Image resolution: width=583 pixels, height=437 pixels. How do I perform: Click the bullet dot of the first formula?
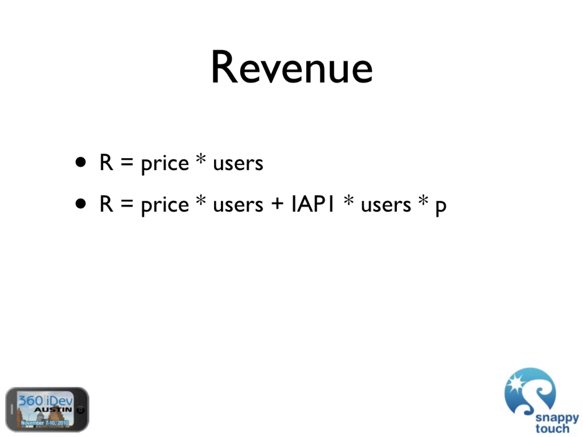pos(81,162)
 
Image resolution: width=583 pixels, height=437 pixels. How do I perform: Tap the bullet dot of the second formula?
pos(81,204)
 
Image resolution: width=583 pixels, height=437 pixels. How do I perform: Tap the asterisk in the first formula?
pos(201,159)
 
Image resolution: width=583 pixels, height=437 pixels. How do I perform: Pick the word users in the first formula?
pos(238,164)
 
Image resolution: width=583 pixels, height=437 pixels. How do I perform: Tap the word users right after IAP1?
pos(386,205)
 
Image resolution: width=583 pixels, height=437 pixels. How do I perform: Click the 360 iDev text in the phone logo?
pos(46,401)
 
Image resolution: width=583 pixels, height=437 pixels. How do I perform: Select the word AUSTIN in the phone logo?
pos(53,410)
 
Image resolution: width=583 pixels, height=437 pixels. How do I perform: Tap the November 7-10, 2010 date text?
pos(45,423)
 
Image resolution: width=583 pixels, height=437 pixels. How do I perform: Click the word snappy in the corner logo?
pos(557,418)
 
